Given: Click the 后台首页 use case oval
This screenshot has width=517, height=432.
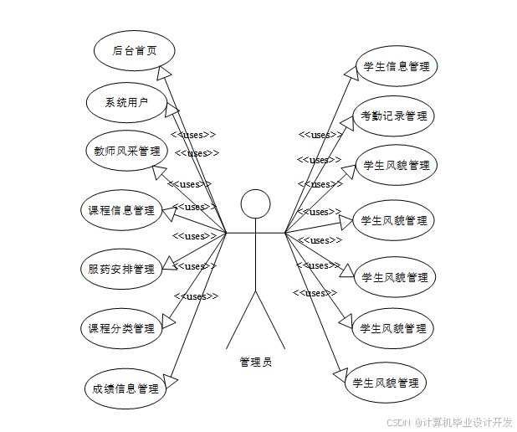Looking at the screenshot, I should coord(134,50).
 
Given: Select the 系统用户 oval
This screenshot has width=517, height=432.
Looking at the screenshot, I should coord(127,103).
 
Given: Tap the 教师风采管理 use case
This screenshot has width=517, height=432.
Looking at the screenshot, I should coord(127,152).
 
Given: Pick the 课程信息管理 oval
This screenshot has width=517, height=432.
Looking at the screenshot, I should coord(122,210).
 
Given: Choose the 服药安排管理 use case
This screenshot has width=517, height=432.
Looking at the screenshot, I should coord(121,269).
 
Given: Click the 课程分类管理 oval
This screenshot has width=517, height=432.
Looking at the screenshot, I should coord(122,328).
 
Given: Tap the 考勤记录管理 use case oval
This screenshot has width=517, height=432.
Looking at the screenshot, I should coord(394,116).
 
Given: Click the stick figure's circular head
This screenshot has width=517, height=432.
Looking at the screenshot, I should coord(255,203).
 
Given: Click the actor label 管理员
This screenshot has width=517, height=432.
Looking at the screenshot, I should coord(255,363).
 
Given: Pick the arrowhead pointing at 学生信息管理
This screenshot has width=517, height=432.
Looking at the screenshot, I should coord(354,74).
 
